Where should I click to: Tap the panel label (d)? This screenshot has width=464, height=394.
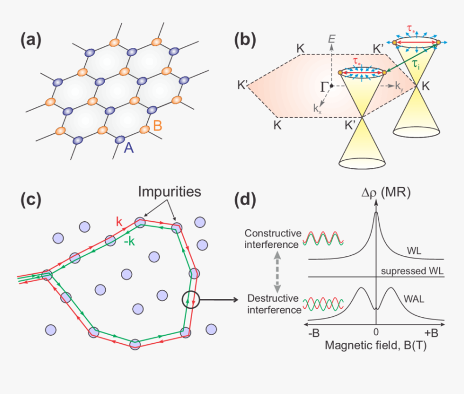tap(249, 199)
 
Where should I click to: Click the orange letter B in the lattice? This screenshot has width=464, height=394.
tap(158, 126)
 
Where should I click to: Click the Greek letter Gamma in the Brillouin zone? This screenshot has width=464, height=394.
tap(325, 86)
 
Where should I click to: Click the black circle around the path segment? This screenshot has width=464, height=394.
tap(191, 298)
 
